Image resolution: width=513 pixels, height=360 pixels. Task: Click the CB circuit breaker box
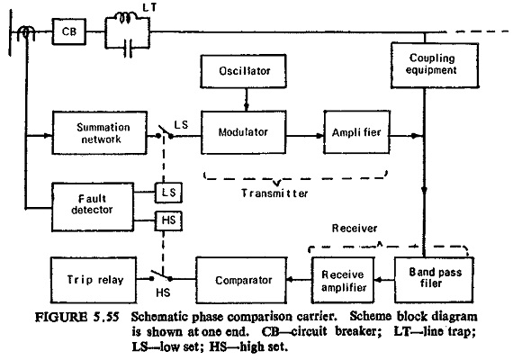pos(69,31)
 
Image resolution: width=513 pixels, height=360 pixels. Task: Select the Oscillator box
pos(244,71)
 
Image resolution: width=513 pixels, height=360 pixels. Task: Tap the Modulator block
pos(243,132)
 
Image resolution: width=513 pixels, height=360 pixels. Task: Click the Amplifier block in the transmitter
pos(356,132)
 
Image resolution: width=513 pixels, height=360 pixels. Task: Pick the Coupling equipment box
pos(435,65)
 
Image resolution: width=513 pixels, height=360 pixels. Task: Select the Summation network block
pos(100,132)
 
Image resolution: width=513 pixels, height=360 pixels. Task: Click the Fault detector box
pos(93,207)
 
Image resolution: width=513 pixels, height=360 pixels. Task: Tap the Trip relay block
pos(94,280)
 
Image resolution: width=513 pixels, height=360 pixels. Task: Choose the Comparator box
pos(241,280)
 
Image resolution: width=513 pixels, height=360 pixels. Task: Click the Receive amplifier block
pos(343,280)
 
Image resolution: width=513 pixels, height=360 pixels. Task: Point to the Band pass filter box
pos(434,280)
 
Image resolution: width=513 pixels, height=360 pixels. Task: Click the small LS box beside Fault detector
pos(168,193)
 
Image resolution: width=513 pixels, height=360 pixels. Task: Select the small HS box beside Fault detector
pos(168,220)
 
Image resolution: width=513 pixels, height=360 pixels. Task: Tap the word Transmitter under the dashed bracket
pos(274,193)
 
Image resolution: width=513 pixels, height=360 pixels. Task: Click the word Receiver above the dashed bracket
pos(355,228)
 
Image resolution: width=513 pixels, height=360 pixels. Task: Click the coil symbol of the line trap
pos(126,17)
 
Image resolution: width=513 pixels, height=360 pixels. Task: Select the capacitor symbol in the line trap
pos(128,49)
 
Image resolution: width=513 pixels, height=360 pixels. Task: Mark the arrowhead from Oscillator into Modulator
pos(247,107)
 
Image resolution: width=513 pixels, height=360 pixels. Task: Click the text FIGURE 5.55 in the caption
pos(76,317)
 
